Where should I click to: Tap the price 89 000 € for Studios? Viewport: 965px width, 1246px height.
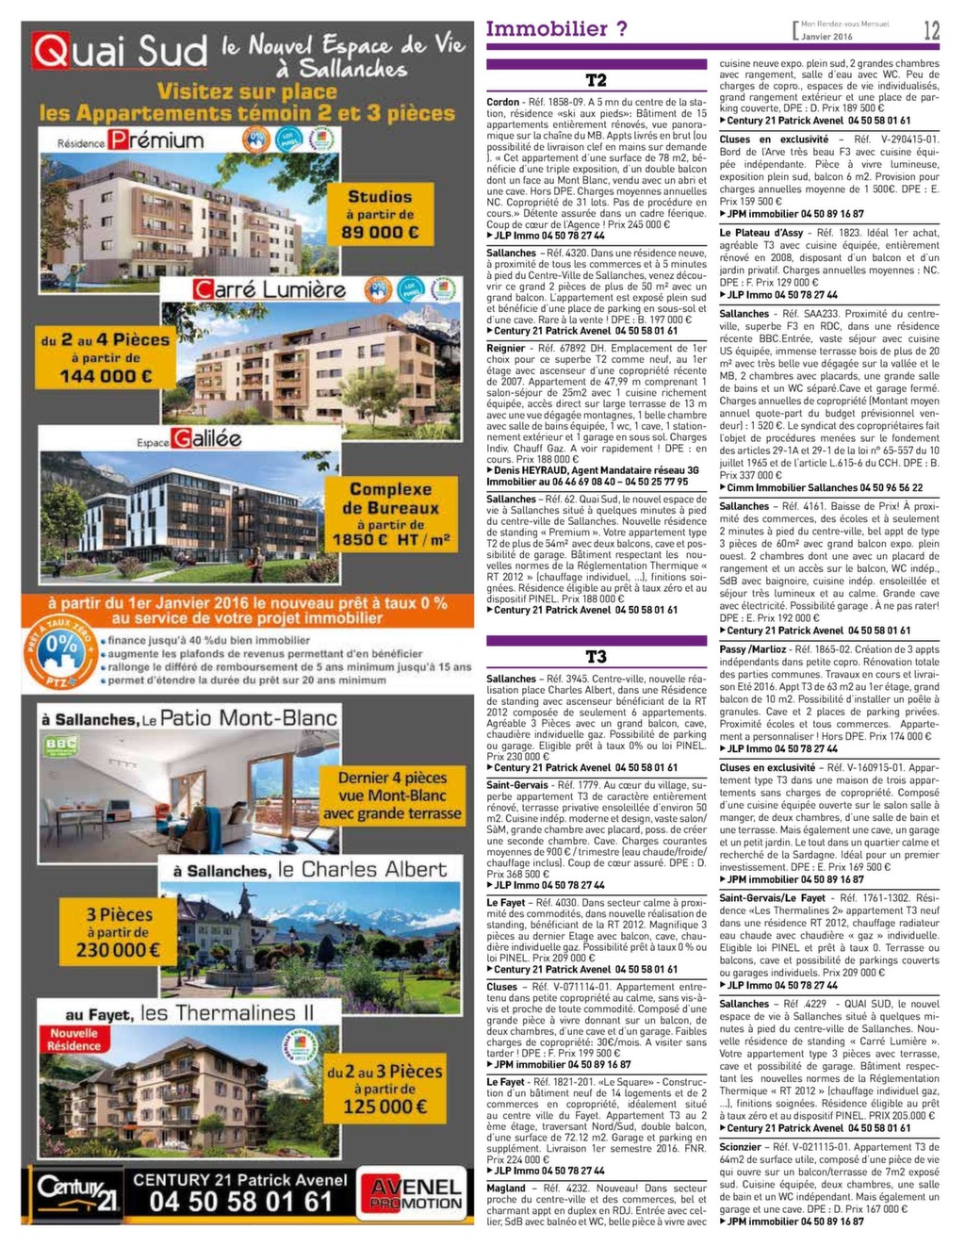(x=380, y=232)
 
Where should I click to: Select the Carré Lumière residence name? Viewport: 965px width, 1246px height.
(x=270, y=288)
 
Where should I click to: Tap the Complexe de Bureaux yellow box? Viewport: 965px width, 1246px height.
(x=390, y=515)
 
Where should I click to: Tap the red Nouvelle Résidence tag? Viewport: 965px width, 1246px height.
(x=74, y=1040)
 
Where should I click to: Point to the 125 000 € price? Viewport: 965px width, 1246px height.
(x=384, y=1106)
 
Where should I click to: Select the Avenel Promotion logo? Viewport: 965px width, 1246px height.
(x=416, y=1194)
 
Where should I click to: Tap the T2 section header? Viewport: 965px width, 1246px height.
(x=596, y=80)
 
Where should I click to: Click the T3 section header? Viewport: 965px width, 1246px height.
(x=596, y=657)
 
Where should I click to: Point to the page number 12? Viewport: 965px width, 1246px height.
(x=931, y=30)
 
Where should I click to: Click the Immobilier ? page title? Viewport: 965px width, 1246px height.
(x=556, y=29)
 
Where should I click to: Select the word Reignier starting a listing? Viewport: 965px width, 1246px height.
(x=506, y=348)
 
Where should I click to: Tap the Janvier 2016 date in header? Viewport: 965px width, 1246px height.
(x=826, y=36)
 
